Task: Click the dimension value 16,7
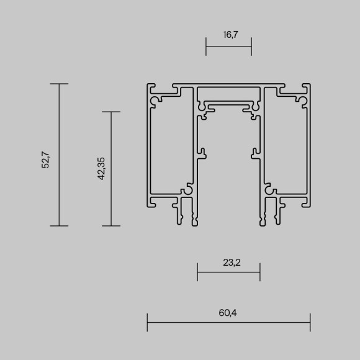(x=229, y=35)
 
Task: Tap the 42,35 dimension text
(x=101, y=169)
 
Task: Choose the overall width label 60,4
(x=228, y=312)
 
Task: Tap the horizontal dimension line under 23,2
(x=228, y=272)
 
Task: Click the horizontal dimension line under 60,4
(x=228, y=322)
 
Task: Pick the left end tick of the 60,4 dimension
(x=147, y=322)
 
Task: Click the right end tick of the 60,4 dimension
(x=310, y=322)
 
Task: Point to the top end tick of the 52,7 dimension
(x=59, y=84)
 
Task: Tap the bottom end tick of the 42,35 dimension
(x=111, y=226)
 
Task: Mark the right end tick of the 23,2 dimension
(x=260, y=272)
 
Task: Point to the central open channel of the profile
(x=228, y=168)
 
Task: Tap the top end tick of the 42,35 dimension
(x=111, y=112)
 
